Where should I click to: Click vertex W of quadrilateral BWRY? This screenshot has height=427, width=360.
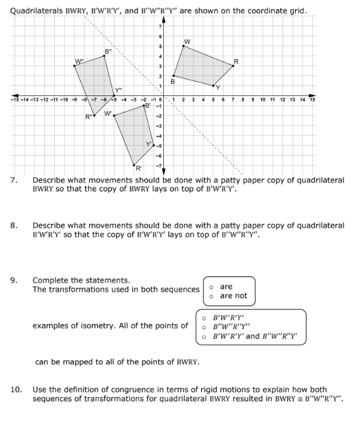183,46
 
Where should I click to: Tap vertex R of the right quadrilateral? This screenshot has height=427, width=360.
233,66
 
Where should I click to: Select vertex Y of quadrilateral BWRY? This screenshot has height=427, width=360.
213,86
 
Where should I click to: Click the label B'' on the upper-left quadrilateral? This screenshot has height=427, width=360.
108,51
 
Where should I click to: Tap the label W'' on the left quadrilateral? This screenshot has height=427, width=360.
79,60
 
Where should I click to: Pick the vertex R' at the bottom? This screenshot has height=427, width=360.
134,165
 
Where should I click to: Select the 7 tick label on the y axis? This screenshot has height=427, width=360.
159,27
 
